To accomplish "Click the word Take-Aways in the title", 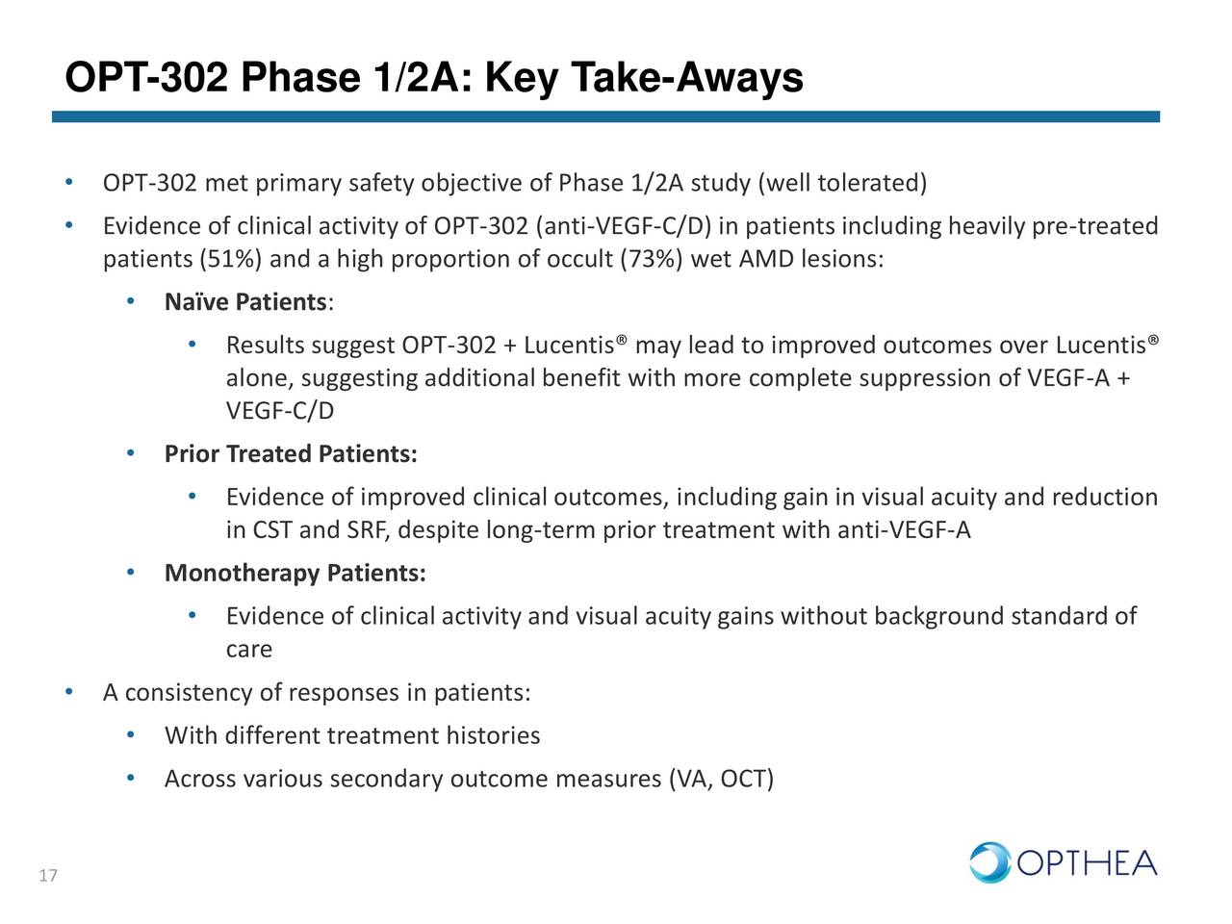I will coord(685,77).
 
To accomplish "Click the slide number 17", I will coord(48,876).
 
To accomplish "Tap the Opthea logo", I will coord(1063,862).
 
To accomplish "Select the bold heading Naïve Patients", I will coord(245,302).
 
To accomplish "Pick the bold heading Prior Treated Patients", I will coord(291,453).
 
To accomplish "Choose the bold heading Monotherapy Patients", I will coord(295,574).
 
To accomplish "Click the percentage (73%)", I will coord(651,260).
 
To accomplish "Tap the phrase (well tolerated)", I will coord(842,183).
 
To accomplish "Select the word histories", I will coord(492,736).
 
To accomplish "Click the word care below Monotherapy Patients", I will coord(248,650).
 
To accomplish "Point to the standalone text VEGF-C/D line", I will coord(280,411).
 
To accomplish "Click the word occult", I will coord(581,260).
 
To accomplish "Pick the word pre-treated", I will coord(1094,227).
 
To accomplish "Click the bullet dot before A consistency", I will coord(68,693).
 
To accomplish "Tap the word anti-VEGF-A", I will coord(904,530).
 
